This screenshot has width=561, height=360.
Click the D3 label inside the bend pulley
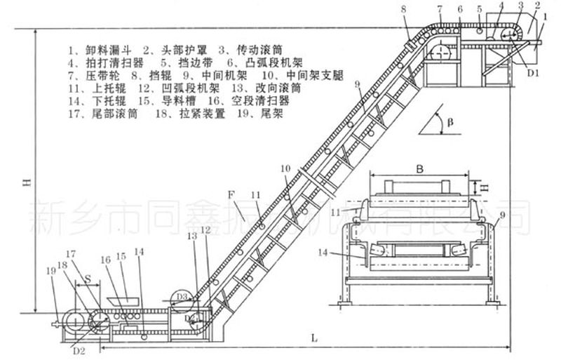pos(182,298)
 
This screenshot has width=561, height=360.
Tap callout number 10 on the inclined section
pos(285,168)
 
